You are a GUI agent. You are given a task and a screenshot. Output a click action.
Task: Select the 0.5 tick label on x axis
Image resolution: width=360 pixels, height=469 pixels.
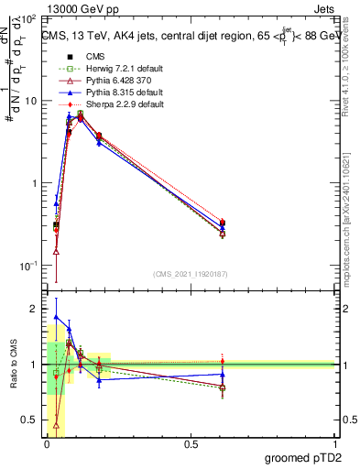(x=191, y=442)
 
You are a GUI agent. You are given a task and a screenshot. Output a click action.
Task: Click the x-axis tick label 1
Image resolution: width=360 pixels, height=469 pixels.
(x=335, y=442)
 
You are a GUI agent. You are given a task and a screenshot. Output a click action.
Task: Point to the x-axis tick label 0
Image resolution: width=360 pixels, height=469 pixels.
(x=47, y=442)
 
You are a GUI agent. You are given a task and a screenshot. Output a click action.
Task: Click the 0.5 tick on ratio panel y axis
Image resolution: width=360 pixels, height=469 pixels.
(x=31, y=420)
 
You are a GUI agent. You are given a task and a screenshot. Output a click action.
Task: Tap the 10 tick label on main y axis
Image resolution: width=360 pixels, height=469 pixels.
(x=33, y=101)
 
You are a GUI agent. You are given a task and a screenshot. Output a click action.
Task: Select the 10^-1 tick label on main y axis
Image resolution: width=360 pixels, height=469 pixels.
(x=31, y=265)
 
